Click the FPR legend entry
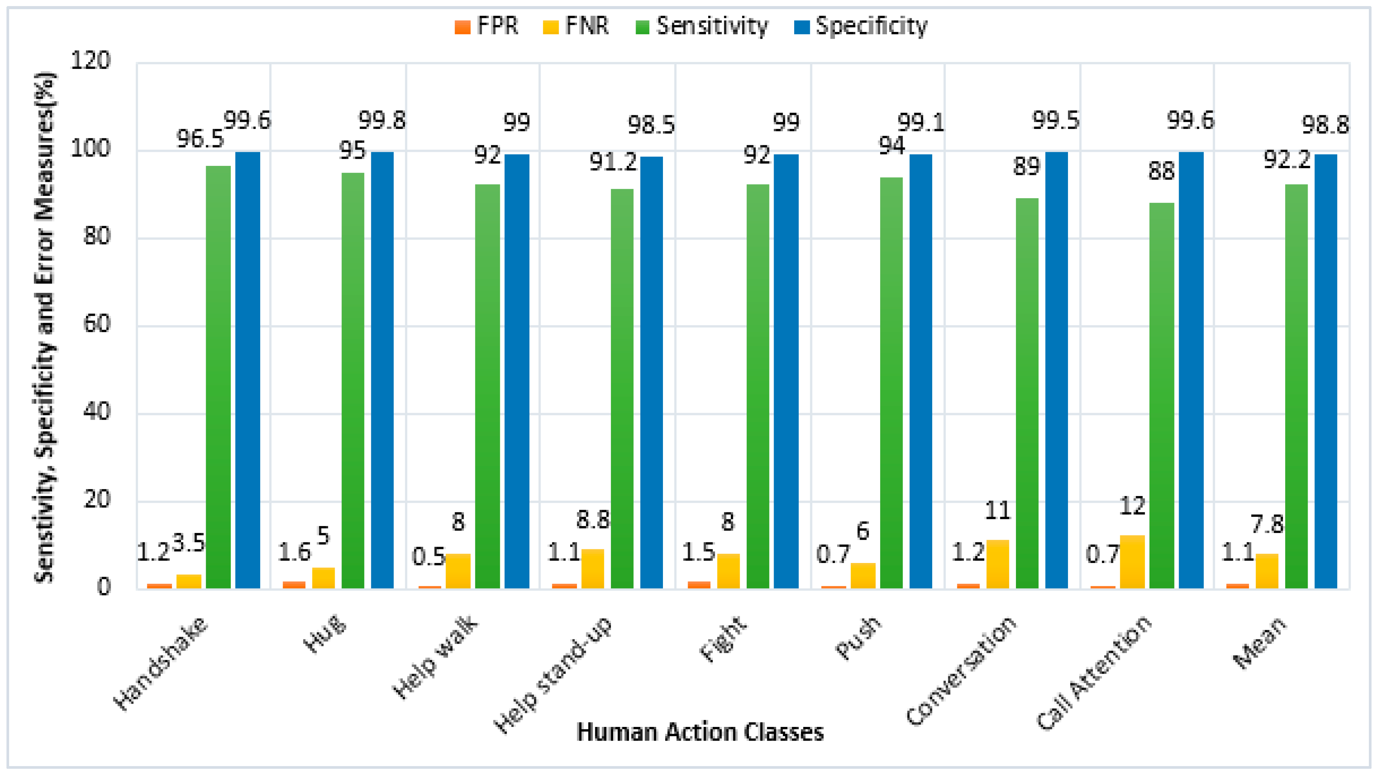coord(486,26)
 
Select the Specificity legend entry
coord(861,26)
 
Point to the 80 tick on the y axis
coord(97,236)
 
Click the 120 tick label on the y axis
coord(91,60)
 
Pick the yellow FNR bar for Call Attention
coord(1132,562)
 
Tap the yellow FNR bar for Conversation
coord(997,564)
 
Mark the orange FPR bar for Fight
coord(699,585)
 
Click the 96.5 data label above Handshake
coord(200,140)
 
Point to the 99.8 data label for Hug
coord(382,121)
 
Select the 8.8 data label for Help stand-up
coord(593,520)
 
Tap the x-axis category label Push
coord(858,638)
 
